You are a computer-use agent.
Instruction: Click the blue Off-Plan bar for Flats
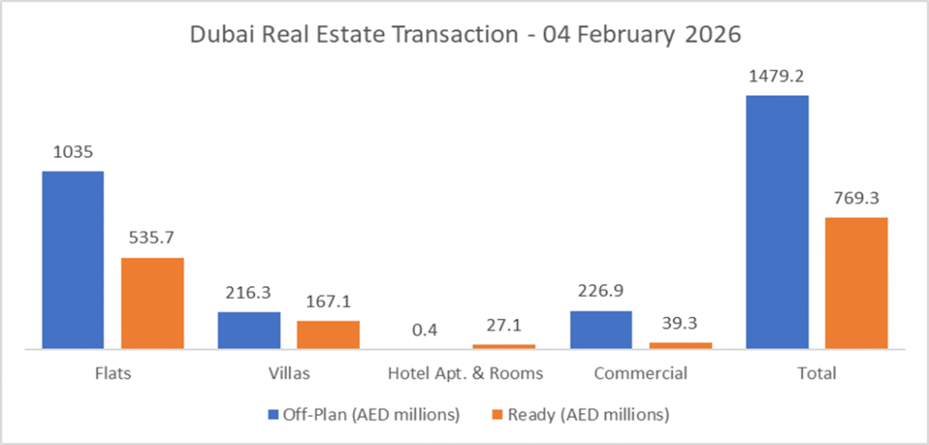coord(73,260)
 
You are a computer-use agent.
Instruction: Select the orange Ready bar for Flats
coord(152,303)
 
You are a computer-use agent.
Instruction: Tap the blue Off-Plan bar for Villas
coord(249,331)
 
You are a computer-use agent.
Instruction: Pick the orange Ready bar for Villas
coord(328,334)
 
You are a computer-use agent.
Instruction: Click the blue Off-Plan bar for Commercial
coord(601,330)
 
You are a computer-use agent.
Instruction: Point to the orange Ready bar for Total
coord(856,283)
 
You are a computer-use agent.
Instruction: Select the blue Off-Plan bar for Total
coord(777,222)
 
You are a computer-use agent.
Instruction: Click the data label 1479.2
coord(777,76)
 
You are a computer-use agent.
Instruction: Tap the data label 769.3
coord(856,198)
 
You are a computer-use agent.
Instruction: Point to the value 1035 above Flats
coord(73,152)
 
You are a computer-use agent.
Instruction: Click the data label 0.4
coord(425,328)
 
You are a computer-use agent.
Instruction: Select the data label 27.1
coord(504,325)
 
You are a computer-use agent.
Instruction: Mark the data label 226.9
coord(601,292)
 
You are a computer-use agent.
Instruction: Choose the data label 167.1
coord(328,302)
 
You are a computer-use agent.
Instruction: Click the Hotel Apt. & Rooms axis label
coord(464,373)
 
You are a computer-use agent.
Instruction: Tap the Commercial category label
coord(641,373)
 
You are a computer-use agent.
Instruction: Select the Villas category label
coord(288,373)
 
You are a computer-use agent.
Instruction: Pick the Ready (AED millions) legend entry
coord(588,414)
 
